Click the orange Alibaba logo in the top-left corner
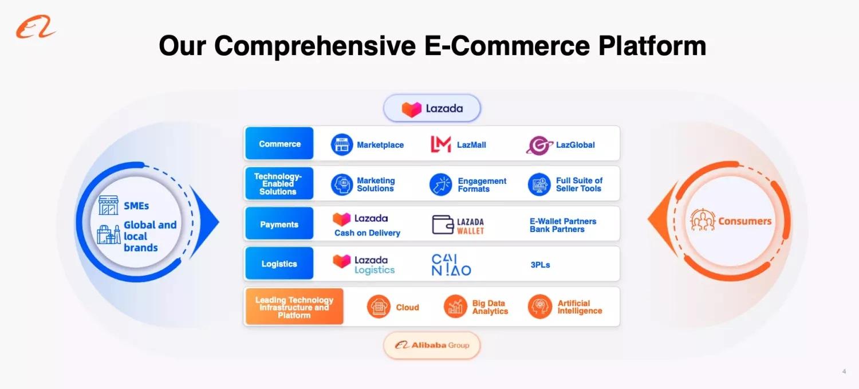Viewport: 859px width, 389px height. click(36, 27)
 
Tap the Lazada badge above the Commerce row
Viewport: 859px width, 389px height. click(432, 108)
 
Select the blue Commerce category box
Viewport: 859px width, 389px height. click(279, 143)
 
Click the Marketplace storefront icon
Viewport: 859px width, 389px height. click(342, 144)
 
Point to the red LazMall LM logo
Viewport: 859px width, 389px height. click(440, 144)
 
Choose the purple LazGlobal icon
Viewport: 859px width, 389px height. click(539, 145)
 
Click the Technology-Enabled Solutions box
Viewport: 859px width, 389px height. click(279, 183)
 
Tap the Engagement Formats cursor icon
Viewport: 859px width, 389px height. click(440, 184)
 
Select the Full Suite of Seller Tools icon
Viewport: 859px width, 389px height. click(539, 184)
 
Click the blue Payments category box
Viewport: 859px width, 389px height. click(279, 223)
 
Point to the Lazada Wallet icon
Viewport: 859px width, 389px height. click(443, 225)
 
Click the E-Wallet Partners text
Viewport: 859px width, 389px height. click(563, 221)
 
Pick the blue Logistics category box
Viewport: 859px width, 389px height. click(279, 264)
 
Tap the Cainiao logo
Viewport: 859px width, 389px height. click(451, 265)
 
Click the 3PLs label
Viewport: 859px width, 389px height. click(541, 265)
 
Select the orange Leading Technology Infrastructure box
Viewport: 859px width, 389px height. click(294, 307)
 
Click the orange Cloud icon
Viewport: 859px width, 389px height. click(379, 307)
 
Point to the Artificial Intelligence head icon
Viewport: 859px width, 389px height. click(539, 307)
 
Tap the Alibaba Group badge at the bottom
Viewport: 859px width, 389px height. click(432, 345)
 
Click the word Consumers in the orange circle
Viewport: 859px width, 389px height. click(744, 221)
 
